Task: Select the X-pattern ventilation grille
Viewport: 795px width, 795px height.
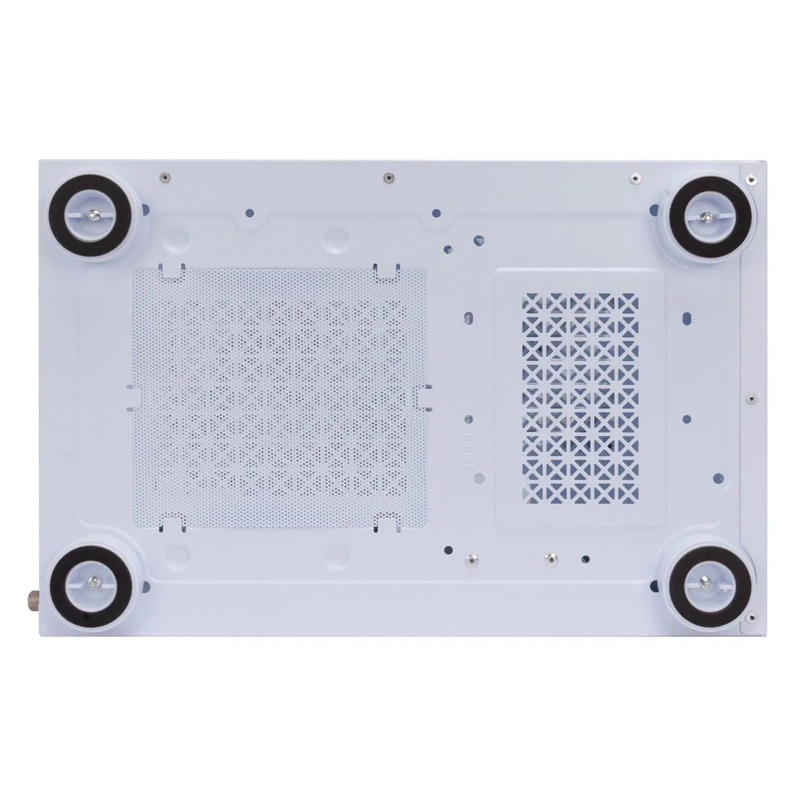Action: click(x=580, y=397)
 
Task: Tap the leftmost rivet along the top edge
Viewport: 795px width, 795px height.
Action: click(x=163, y=177)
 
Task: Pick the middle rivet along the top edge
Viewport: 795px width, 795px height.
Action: click(x=390, y=177)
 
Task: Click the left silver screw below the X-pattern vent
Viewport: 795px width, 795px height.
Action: click(x=470, y=558)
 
